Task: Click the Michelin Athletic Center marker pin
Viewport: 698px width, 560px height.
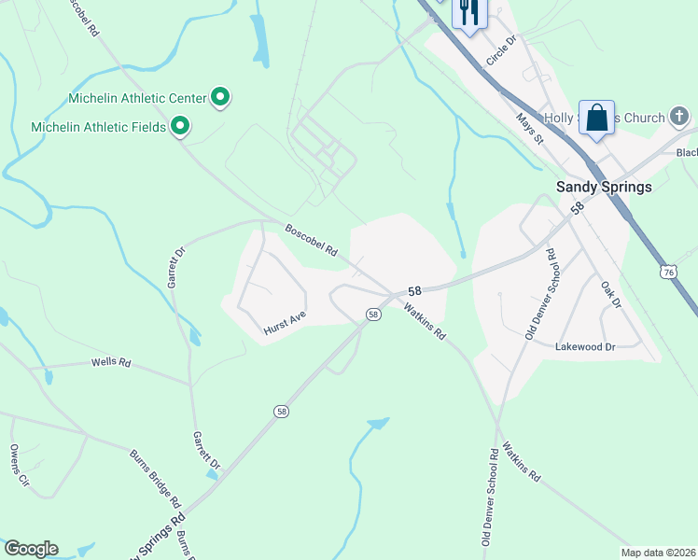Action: tap(221, 96)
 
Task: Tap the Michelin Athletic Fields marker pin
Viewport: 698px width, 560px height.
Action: tap(180, 126)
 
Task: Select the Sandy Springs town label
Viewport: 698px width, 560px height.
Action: tap(604, 187)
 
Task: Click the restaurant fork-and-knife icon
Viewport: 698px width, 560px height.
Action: tap(468, 12)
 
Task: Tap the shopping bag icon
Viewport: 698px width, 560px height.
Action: tap(596, 119)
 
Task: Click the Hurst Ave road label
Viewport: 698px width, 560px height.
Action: tap(285, 323)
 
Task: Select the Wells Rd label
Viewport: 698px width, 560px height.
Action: tap(110, 362)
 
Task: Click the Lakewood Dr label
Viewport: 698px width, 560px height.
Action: tap(585, 346)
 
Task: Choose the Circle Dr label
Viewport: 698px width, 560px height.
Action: tap(501, 51)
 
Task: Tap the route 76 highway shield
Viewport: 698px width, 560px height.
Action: tap(666, 272)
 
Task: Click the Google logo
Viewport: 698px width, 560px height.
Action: tap(31, 549)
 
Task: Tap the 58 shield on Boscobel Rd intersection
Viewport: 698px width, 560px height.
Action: tap(372, 315)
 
